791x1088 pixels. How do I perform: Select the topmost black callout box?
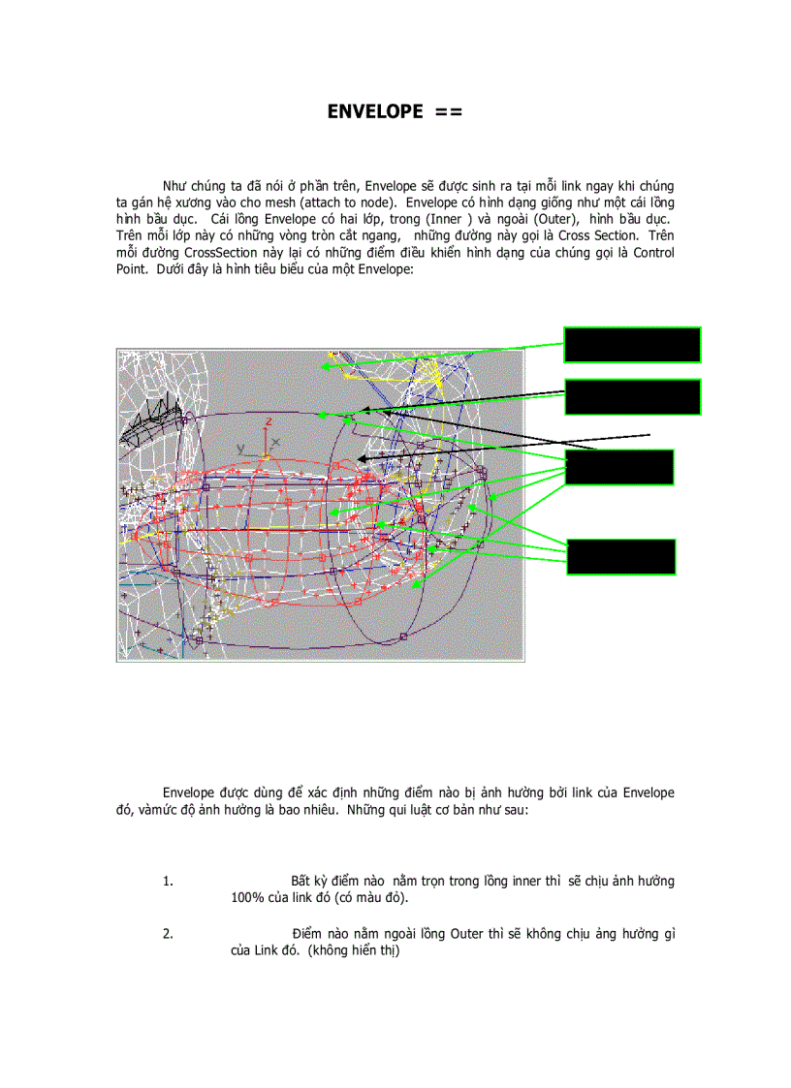632,345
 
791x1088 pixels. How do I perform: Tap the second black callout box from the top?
632,397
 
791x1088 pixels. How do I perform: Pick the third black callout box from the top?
618,467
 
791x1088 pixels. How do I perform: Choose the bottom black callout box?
620,557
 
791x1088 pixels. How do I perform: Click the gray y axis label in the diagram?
240,449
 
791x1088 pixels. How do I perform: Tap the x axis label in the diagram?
275,442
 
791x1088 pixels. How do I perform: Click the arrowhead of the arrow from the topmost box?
326,367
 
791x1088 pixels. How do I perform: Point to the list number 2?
168,934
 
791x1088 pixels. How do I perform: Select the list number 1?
168,882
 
